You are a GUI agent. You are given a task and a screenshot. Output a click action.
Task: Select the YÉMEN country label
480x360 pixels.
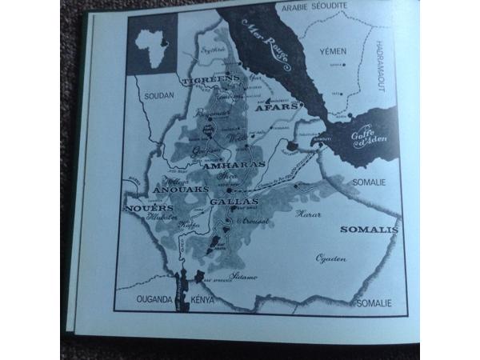333,50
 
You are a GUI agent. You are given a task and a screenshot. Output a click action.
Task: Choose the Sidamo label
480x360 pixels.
244,277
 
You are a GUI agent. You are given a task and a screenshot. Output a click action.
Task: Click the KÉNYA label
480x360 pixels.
203,302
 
